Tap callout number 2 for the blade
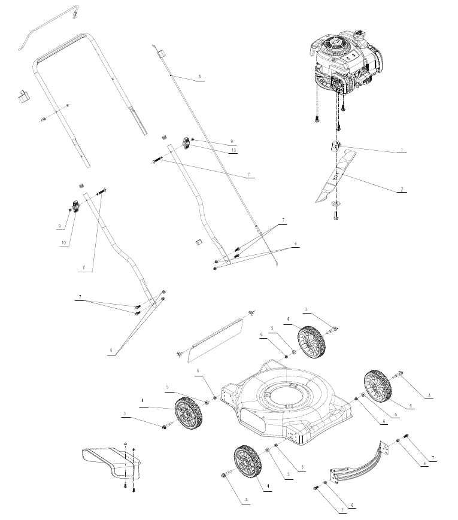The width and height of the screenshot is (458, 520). [401, 189]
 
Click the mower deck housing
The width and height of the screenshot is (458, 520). [281, 407]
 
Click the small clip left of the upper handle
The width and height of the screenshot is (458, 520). [24, 95]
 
